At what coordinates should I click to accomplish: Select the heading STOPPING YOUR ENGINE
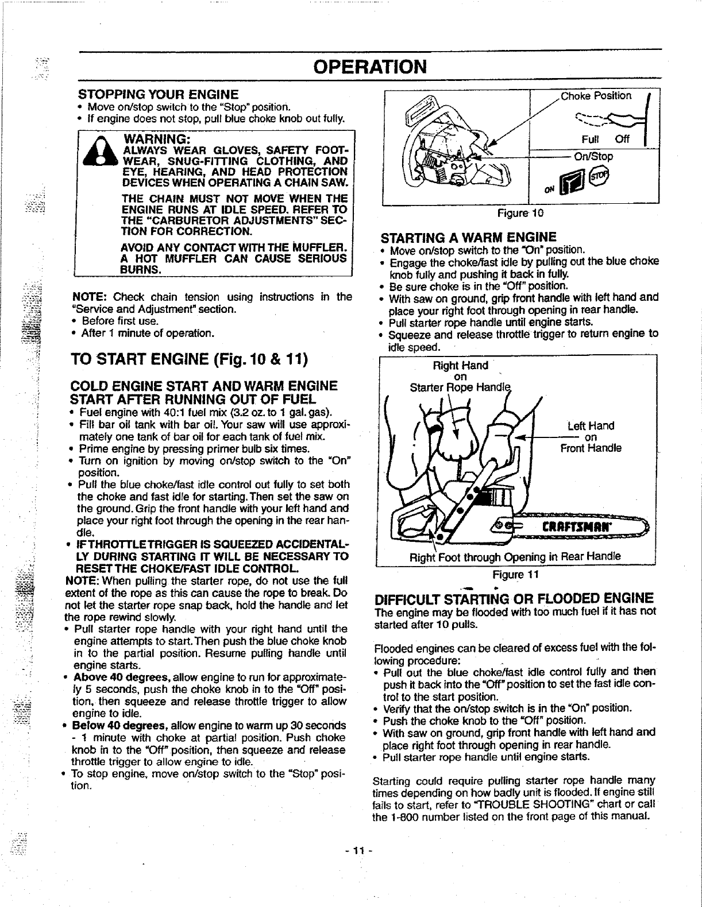pyautogui.click(x=158, y=94)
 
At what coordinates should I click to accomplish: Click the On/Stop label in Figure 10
pyautogui.click(x=593, y=156)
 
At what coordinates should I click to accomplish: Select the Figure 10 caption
pyautogui.click(x=520, y=213)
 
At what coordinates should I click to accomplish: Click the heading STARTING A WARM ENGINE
pyautogui.click(x=469, y=237)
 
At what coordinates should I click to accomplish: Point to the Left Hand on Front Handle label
pyautogui.click(x=591, y=437)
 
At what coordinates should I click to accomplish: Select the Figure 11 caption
pyautogui.click(x=516, y=575)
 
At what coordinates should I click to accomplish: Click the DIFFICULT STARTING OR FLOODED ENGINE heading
pyautogui.click(x=513, y=598)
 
